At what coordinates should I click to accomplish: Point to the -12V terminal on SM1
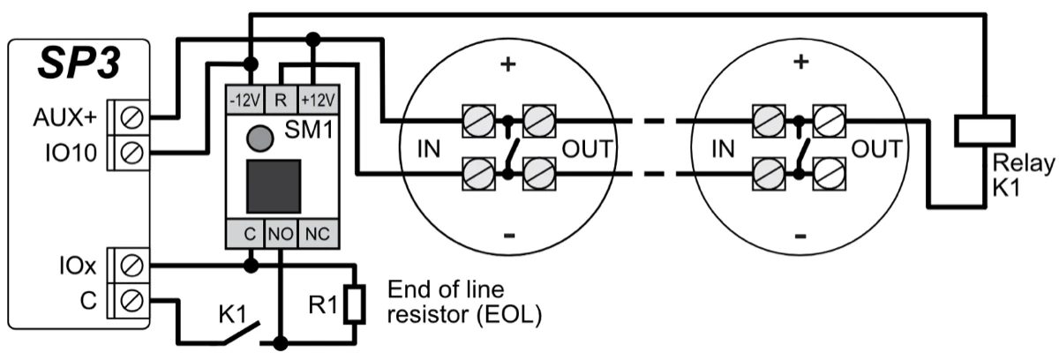[x=244, y=98]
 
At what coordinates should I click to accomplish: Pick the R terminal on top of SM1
[x=279, y=98]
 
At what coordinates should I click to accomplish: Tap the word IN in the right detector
[x=723, y=149]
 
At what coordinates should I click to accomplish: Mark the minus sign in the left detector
[x=508, y=236]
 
